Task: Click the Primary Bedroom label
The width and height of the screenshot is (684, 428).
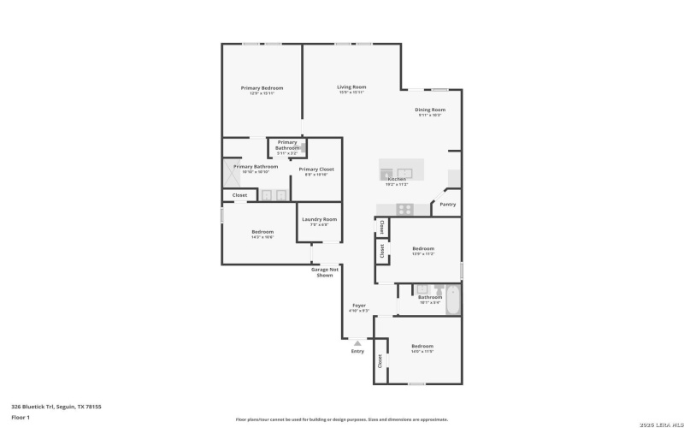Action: pos(262,88)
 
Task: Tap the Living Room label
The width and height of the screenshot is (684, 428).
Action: pos(351,87)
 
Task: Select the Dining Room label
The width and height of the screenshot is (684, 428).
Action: pos(430,110)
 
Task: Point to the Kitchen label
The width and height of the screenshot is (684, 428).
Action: pos(397,179)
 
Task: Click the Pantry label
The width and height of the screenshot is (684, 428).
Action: pos(447,205)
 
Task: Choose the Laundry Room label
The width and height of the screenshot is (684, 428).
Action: pos(319,219)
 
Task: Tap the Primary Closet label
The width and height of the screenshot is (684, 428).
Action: pos(316,169)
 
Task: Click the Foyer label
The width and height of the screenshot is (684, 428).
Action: pos(359,306)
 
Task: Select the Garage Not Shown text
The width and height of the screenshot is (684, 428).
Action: pos(324,272)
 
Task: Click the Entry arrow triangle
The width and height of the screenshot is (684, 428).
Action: pos(357,342)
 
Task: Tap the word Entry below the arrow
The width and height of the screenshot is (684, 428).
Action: pos(357,352)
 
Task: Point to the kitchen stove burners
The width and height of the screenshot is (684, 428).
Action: pos(404,208)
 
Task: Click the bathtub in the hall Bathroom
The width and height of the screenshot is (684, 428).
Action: pos(452,300)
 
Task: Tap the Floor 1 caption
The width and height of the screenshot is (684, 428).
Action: pos(21,417)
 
